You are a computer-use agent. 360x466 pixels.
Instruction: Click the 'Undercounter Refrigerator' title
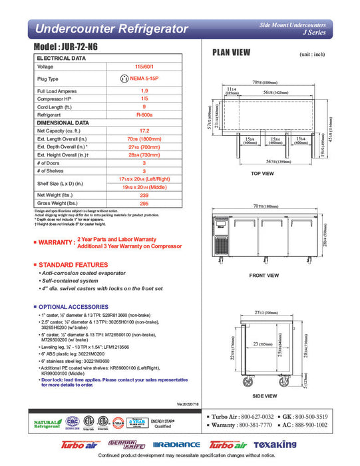pos(110,29)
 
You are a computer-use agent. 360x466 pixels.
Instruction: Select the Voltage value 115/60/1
pos(144,67)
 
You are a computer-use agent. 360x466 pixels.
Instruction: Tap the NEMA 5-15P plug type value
pos(144,78)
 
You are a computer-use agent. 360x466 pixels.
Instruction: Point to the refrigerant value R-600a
pos(144,115)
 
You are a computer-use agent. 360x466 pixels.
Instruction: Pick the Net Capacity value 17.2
pos(144,130)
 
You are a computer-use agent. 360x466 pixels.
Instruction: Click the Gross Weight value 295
pos(144,203)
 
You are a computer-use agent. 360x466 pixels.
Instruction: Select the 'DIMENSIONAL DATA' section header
pos(64,122)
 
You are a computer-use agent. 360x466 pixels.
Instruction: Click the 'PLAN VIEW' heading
pos(231,53)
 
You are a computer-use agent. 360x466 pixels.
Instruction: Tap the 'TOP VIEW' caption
pos(262,174)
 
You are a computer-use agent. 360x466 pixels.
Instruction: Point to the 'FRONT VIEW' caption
pos(264,275)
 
